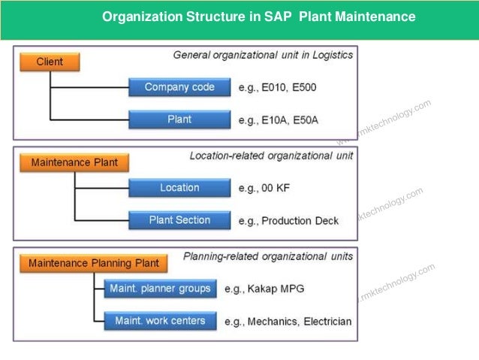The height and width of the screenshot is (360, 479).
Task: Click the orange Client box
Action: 50,62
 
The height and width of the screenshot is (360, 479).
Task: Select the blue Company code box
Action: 179,87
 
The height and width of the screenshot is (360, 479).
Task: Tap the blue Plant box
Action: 179,119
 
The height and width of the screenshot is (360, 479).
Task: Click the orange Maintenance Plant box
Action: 74,162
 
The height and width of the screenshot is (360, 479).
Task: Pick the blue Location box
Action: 179,188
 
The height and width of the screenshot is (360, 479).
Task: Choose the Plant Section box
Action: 179,220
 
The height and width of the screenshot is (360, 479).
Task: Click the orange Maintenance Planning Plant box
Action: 94,263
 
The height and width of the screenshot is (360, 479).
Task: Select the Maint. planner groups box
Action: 161,289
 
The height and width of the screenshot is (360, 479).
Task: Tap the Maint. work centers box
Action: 160,321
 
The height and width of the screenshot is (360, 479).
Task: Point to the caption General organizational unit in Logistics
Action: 263,55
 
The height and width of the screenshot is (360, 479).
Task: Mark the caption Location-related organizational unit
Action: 271,156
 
